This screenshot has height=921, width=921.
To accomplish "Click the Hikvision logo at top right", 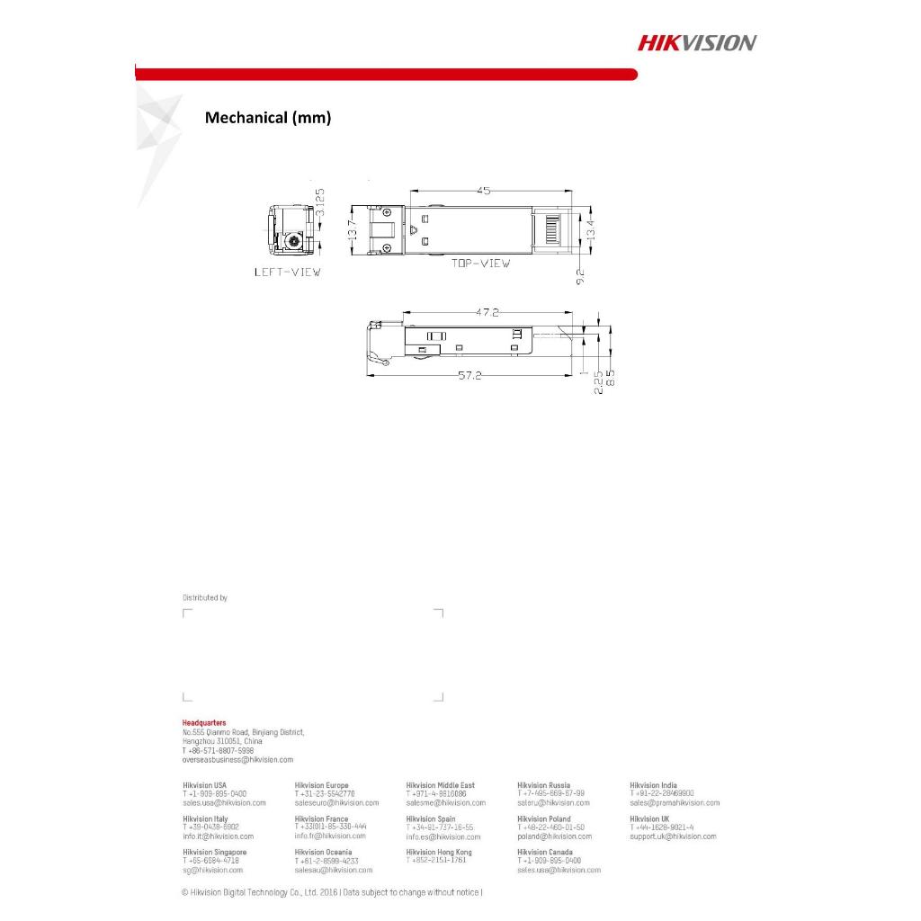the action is tap(697, 42).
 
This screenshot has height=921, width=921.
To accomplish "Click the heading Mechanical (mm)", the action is tap(268, 118).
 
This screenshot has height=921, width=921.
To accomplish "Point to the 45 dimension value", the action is tap(483, 191).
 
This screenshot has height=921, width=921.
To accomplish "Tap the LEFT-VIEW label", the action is tap(287, 271).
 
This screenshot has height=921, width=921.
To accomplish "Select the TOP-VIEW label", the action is tap(480, 264).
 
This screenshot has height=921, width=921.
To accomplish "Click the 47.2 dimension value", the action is tap(487, 312).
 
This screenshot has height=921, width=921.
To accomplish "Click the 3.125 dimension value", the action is tap(320, 206).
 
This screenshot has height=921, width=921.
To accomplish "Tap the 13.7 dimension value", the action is tap(353, 230).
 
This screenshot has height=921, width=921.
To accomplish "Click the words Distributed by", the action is tap(205, 597).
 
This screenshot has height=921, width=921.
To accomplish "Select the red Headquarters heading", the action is tap(204, 723).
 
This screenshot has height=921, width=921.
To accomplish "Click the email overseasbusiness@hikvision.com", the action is tap(237, 760).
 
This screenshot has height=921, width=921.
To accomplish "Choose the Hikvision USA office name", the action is tap(204, 785).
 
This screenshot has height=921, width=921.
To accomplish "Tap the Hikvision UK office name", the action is tap(649, 819).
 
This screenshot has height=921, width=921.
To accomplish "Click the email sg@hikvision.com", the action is tap(212, 870).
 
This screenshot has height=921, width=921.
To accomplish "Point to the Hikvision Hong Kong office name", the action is tap(439, 852).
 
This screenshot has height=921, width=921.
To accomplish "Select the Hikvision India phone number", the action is tap(661, 793).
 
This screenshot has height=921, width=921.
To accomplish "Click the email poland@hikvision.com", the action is tap(554, 836).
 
